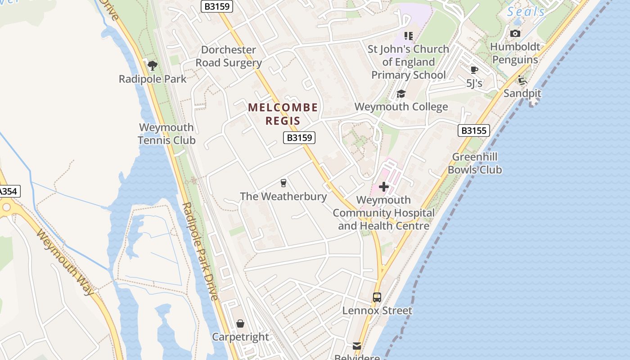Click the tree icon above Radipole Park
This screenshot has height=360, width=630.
tap(153, 66)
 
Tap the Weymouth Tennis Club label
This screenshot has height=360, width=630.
tap(166, 134)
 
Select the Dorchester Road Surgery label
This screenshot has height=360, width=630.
tap(229, 56)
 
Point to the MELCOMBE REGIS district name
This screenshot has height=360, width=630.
tap(283, 114)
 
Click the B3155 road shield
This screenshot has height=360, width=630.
tap(473, 130)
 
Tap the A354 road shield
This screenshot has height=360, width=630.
tap(8, 191)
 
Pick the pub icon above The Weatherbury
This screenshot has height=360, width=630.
tap(283, 183)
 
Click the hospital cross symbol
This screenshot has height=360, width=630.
tap(384, 186)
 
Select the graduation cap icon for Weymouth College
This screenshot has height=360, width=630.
tap(401, 94)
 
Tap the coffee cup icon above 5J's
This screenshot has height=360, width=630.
tap(474, 70)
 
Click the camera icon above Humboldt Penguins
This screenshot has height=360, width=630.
tap(515, 34)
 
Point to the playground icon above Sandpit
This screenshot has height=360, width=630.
tap(522, 81)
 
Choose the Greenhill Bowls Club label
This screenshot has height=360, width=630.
tap(475, 163)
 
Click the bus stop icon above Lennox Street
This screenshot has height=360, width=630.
tap(377, 297)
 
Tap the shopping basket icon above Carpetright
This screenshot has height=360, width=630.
tap(240, 324)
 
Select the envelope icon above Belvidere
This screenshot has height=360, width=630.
tap(357, 346)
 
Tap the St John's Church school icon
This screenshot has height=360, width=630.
tap(408, 36)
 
